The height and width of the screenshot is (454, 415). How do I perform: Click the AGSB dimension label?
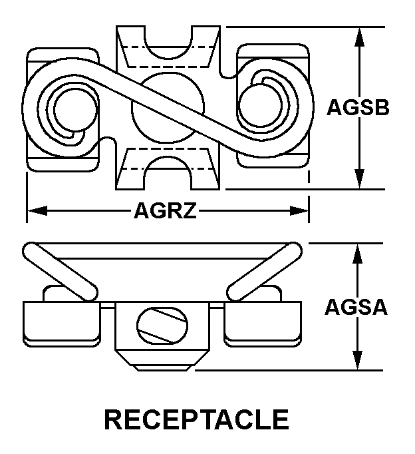point(357,108)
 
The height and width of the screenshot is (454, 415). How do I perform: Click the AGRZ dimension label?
point(166,211)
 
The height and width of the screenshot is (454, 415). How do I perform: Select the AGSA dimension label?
point(356,307)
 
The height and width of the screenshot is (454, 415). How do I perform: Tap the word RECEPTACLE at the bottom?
point(197,420)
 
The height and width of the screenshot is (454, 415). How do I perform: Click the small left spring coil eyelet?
point(67,108)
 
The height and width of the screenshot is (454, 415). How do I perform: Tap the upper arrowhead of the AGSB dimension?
point(360,37)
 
